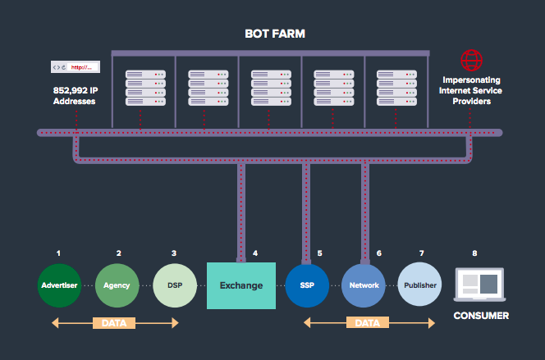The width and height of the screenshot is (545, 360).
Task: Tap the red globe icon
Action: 470,60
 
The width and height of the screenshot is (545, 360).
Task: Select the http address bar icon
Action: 76,67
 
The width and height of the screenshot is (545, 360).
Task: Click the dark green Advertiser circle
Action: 58,285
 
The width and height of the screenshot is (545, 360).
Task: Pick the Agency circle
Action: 117,285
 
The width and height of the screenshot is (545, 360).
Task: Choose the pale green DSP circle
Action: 174,285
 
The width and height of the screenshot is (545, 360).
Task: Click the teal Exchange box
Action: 240,285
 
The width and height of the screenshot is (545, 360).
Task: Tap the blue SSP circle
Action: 308,285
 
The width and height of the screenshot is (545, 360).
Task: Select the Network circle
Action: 363,285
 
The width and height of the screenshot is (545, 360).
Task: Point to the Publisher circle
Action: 420,285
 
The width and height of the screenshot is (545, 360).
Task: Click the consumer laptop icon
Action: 479,285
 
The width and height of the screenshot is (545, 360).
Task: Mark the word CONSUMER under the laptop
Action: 481,316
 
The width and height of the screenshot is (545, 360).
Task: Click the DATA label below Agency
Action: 115,323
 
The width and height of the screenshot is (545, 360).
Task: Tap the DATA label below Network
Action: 366,323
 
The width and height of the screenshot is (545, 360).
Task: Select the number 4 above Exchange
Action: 255,253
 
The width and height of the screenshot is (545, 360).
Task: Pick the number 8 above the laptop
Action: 474,253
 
